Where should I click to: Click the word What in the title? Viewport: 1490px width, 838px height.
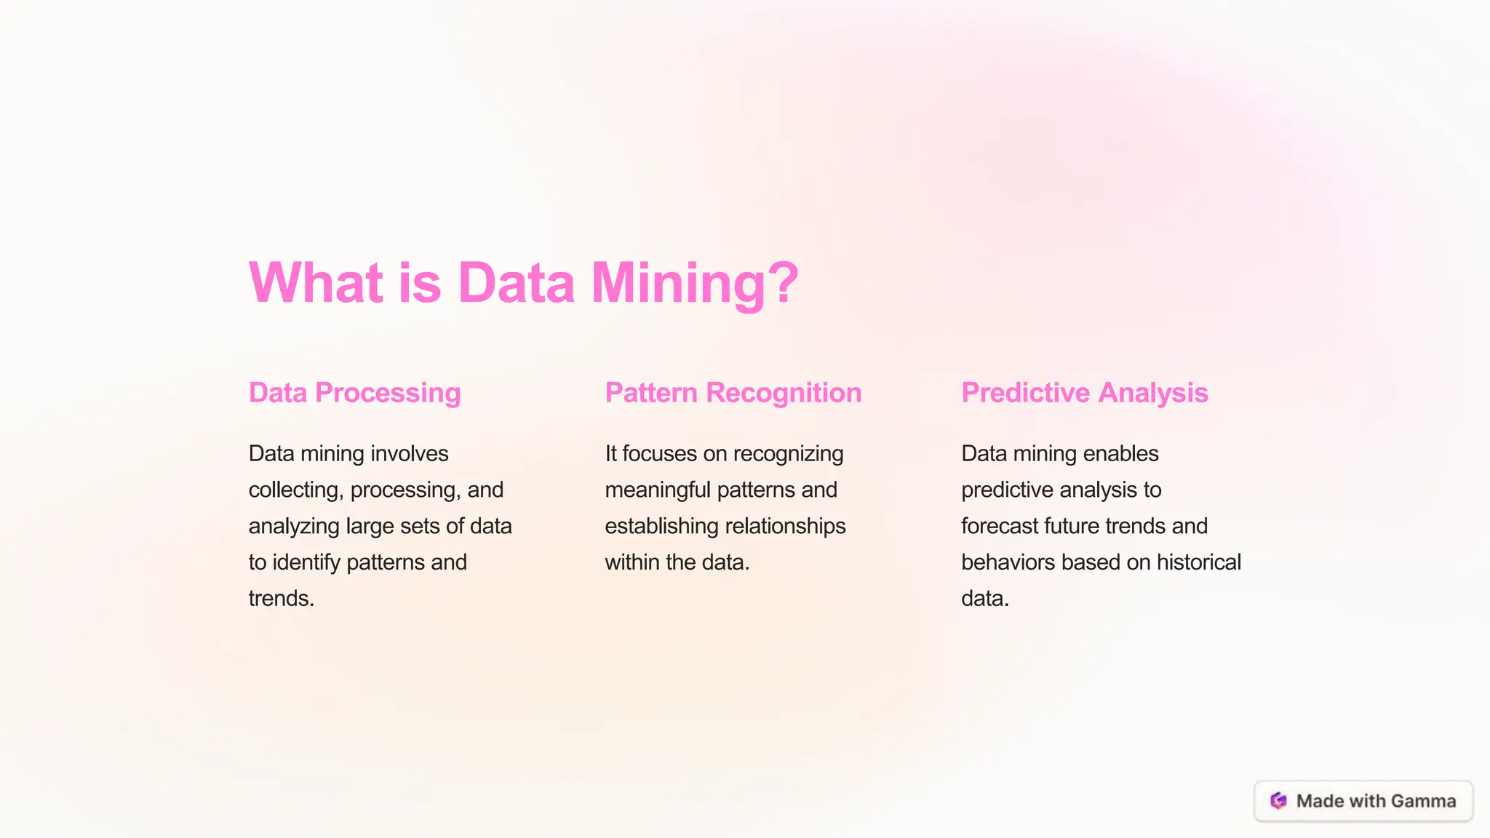tap(316, 282)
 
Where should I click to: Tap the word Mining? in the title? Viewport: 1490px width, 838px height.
tap(694, 282)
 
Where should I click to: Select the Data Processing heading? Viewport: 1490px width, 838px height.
tap(354, 393)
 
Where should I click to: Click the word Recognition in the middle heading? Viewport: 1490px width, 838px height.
tap(784, 393)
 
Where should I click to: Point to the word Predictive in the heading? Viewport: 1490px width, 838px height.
tap(1025, 393)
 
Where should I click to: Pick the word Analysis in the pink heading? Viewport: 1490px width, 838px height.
tap(1153, 393)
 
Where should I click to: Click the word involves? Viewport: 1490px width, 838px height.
tap(409, 454)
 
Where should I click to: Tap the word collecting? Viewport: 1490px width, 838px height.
tap(295, 490)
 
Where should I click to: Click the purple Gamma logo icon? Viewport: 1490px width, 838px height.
tap(1278, 801)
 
